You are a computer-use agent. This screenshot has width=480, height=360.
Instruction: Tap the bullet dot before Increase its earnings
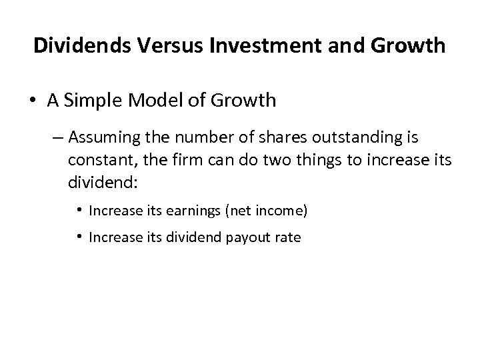pos(80,211)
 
